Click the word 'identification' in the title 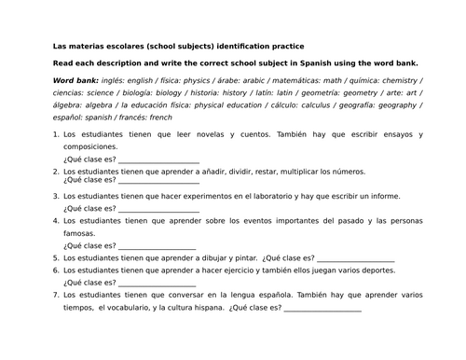pos(245,46)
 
